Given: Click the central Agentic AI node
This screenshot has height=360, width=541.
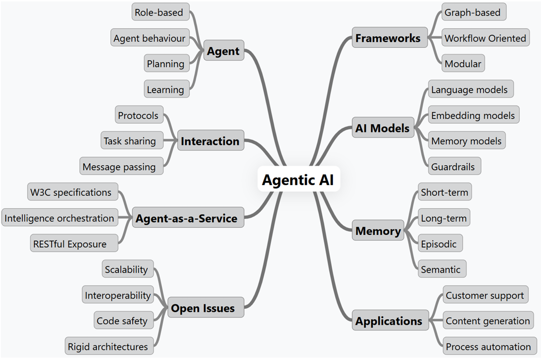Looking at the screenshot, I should [298, 180].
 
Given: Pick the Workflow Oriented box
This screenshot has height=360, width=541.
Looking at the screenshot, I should [485, 38].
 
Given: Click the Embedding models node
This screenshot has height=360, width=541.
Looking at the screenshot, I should [473, 115].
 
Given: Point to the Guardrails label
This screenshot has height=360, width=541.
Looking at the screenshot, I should [454, 167].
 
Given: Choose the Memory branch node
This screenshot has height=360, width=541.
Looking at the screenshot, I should [378, 231].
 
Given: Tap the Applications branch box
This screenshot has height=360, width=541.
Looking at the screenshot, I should [389, 321].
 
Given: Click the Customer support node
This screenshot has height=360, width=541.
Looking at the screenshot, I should [485, 295].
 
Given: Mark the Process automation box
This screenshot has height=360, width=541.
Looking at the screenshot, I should [488, 346].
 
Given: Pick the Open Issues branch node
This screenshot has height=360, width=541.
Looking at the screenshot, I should [203, 308].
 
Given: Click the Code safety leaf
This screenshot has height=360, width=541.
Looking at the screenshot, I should [122, 321].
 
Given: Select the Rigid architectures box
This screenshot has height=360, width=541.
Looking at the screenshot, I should [108, 346].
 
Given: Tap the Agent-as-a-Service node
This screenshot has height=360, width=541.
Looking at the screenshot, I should [186, 218].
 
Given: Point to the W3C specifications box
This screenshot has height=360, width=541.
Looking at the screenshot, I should [71, 192].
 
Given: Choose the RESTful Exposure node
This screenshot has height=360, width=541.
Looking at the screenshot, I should [70, 244].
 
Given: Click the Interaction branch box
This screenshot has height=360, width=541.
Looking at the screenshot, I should [210, 141].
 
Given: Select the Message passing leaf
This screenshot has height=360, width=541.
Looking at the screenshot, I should [119, 167].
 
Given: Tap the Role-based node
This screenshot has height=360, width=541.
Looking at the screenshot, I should [159, 12].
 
